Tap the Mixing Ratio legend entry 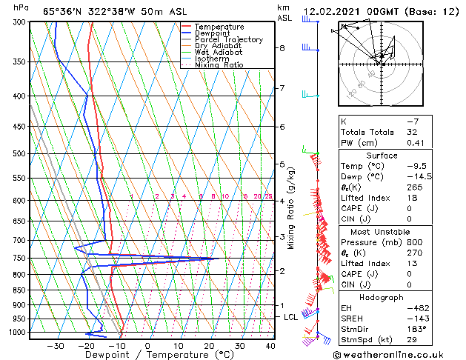click(219, 65)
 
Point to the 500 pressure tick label click(19, 153)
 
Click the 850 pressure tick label click(19, 290)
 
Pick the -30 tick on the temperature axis click(55, 346)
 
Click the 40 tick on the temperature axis click(270, 346)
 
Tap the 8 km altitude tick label click(282, 48)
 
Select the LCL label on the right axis click(290, 317)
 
